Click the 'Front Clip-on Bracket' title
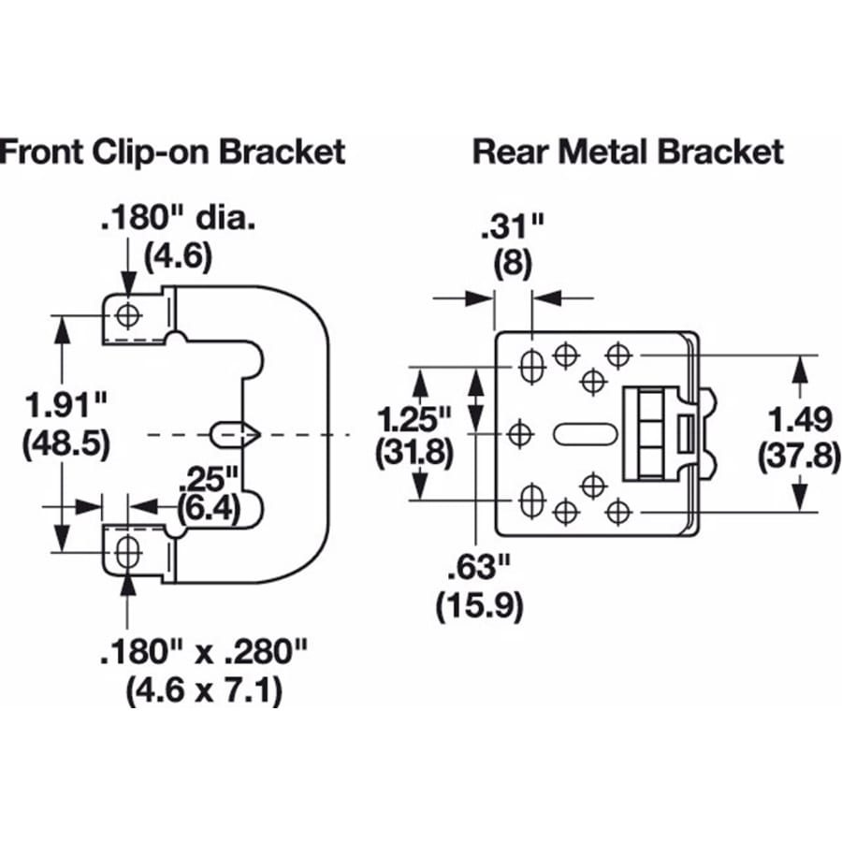pyautogui.click(x=172, y=152)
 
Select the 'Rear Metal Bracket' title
pyautogui.click(x=628, y=152)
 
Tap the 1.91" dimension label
pyautogui.click(x=64, y=408)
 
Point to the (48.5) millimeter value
pyautogui.click(x=64, y=442)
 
